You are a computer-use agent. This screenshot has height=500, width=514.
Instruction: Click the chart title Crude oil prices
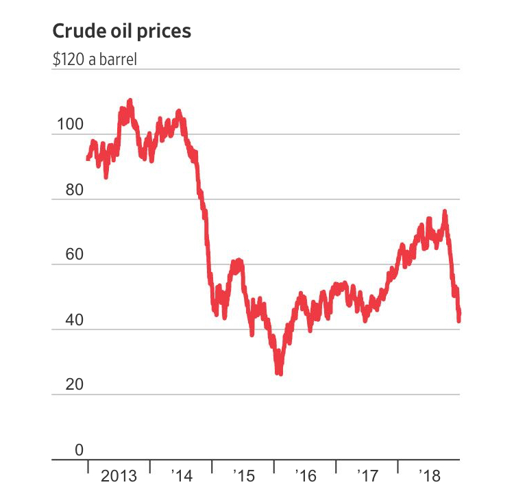pyautogui.click(x=122, y=32)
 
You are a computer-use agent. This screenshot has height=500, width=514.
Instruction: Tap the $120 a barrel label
pyautogui.click(x=95, y=59)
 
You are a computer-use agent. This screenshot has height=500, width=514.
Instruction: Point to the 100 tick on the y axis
pyautogui.click(x=71, y=125)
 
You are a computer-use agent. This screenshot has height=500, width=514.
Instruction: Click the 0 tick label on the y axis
pyautogui.click(x=79, y=450)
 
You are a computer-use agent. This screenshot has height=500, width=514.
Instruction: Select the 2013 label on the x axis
pyautogui.click(x=119, y=475)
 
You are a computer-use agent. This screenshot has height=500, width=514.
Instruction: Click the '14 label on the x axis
pyautogui.click(x=182, y=475)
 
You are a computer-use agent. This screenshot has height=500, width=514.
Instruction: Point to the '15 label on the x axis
pyautogui.click(x=243, y=475)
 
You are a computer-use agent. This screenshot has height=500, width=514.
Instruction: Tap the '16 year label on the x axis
pyautogui.click(x=306, y=475)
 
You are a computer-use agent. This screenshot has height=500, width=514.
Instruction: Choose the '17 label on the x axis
pyautogui.click(x=367, y=475)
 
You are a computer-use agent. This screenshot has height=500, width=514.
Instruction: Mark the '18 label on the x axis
pyautogui.click(x=429, y=475)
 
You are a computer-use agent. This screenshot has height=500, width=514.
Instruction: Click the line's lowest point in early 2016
pyautogui.click(x=279, y=373)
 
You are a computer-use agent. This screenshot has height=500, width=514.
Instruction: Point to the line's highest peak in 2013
pyautogui.click(x=130, y=101)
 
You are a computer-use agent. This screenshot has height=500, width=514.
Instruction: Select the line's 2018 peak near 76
pyautogui.click(x=445, y=212)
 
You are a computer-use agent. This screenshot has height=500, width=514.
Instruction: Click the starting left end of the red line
pyautogui.click(x=87, y=159)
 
